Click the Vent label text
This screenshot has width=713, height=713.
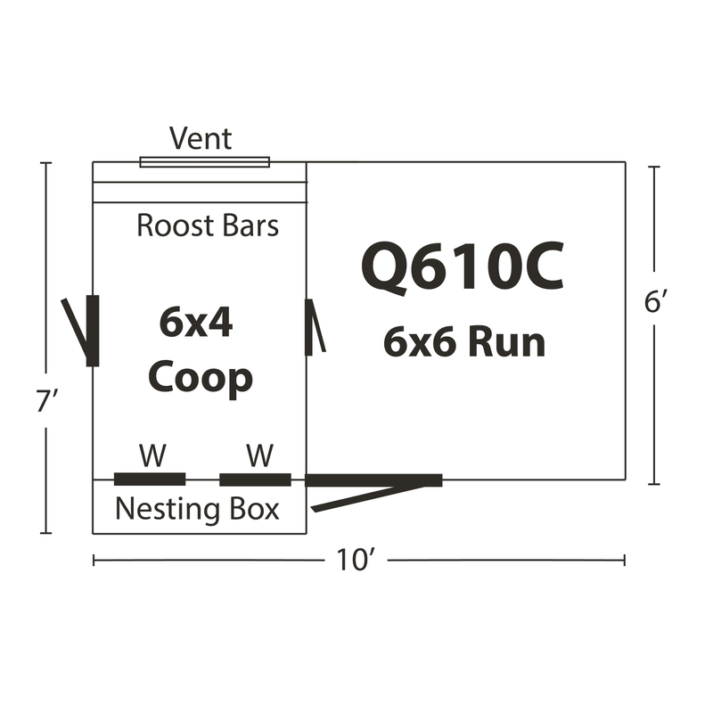(201, 138)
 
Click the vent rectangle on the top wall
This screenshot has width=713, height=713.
(205, 162)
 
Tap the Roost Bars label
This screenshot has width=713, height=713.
(208, 225)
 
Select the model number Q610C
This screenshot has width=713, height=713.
(463, 266)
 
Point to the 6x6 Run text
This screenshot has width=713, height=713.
(464, 342)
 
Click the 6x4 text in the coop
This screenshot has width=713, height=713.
(196, 323)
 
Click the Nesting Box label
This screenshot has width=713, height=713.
(197, 509)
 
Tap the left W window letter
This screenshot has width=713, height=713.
(152, 455)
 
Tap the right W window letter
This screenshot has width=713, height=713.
(260, 455)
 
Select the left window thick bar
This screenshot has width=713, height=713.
(150, 479)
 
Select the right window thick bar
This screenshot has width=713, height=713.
(255, 479)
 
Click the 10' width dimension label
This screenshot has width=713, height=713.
(356, 560)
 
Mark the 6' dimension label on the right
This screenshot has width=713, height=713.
(655, 301)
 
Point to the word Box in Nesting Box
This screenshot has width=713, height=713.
(254, 509)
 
